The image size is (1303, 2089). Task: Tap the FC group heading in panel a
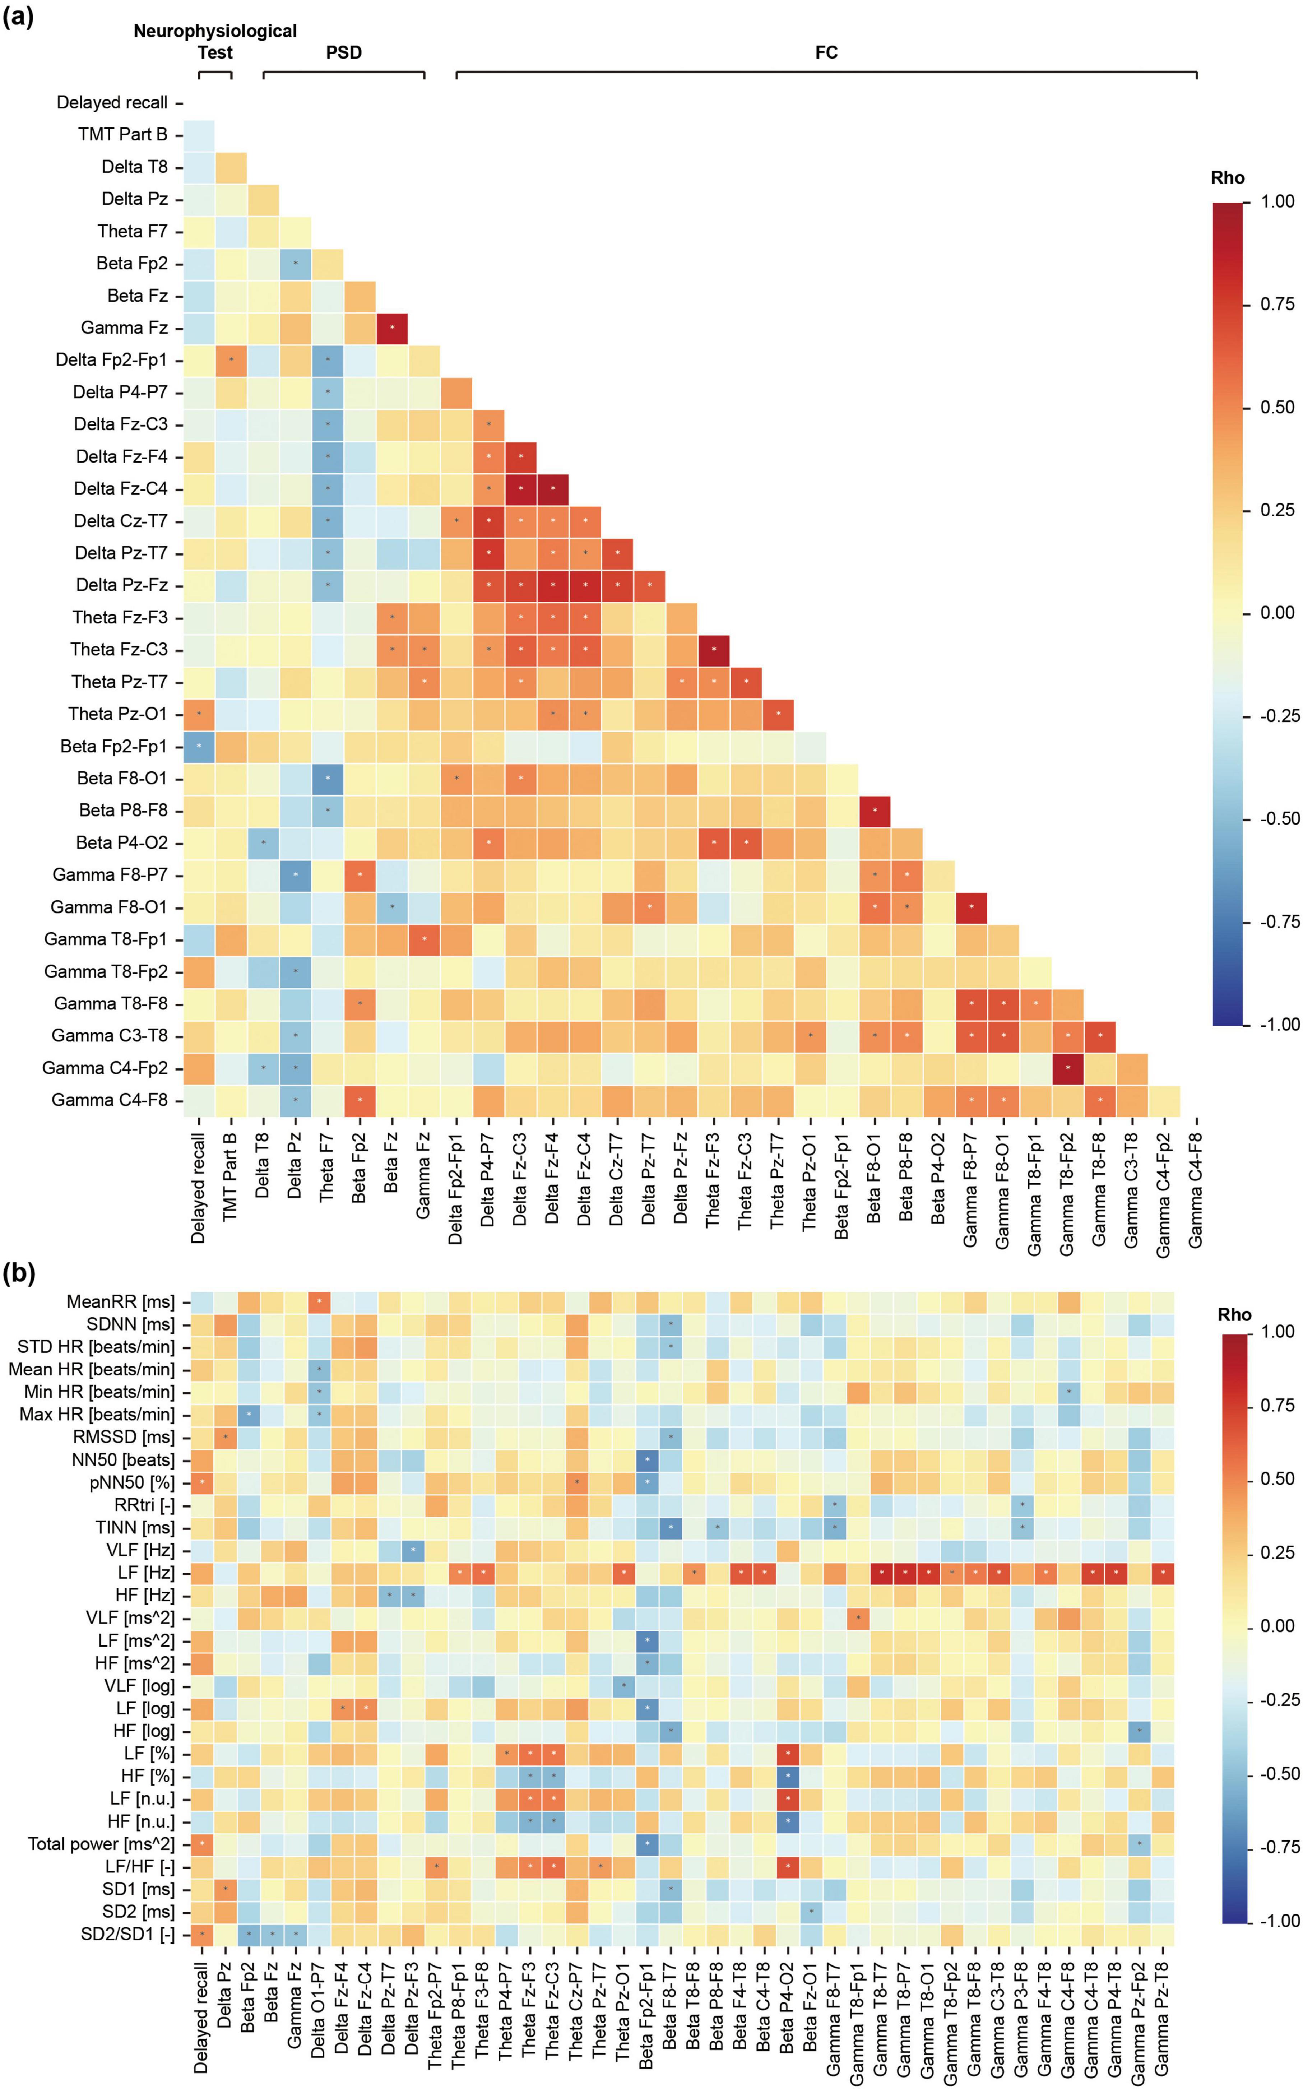click(826, 52)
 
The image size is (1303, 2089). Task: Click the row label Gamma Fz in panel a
click(124, 328)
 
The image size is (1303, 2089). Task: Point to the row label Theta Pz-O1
click(118, 713)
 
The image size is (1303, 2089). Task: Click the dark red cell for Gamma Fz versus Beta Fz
click(392, 328)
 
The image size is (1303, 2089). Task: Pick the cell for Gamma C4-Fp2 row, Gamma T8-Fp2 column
click(1068, 1068)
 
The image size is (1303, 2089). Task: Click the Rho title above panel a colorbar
click(1227, 177)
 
